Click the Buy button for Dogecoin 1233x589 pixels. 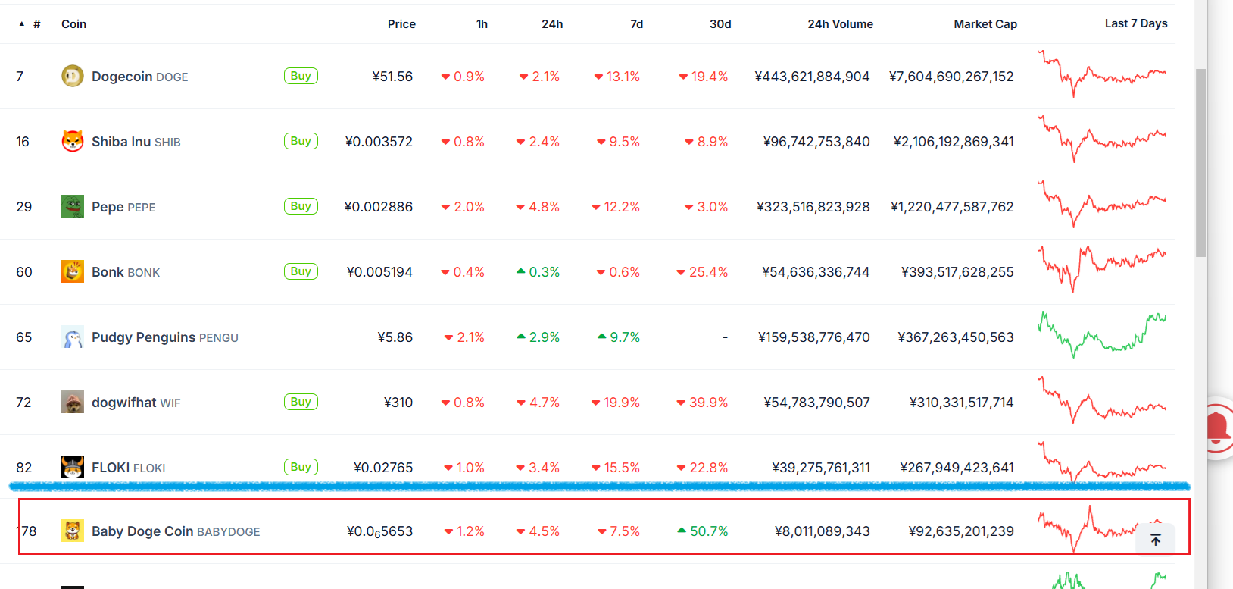pos(301,76)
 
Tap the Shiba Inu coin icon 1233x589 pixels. pos(73,141)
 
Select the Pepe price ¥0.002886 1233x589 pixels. pos(379,207)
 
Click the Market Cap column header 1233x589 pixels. pos(985,24)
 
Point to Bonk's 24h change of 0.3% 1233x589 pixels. pos(538,272)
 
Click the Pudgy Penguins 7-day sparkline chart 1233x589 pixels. pos(1102,334)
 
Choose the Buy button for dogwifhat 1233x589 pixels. pos(301,402)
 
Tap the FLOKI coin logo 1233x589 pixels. pos(73,467)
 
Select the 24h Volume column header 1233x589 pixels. pos(840,24)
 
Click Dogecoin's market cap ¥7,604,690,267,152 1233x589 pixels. pos(951,77)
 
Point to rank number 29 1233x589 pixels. pos(24,207)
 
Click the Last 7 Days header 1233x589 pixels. pos(1135,23)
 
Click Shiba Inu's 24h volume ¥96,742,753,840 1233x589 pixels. pos(816,142)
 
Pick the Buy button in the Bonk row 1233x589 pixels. pos(301,271)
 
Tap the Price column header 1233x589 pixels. pos(401,24)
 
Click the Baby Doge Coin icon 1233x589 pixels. pos(73,531)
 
